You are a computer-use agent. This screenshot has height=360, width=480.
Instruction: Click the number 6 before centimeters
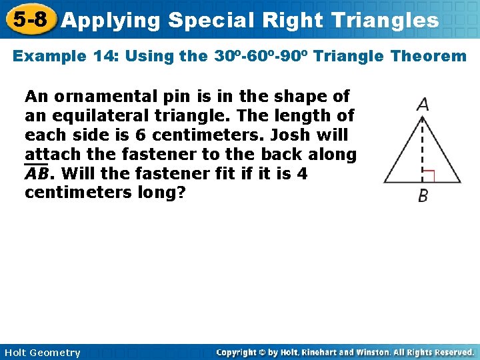click(x=140, y=135)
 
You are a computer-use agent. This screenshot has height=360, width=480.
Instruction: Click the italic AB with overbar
click(x=37, y=174)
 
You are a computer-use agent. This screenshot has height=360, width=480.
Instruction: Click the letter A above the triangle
click(x=422, y=105)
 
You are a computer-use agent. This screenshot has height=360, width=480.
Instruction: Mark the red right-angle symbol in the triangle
click(x=429, y=176)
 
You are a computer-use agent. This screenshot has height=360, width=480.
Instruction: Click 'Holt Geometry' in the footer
click(x=42, y=353)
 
